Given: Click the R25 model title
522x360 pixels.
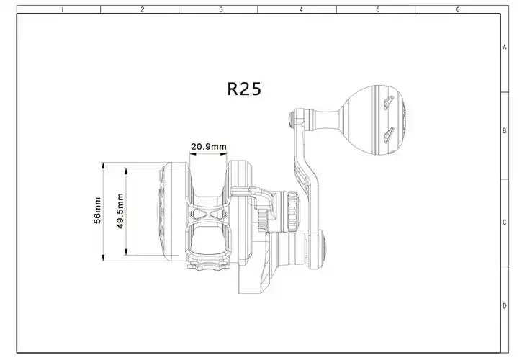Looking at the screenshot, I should tap(244, 89).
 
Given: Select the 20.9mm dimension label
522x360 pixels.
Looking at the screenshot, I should tap(208, 147).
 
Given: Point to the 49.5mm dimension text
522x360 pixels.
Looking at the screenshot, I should tap(120, 211).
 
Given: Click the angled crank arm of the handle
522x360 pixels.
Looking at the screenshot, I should tap(305, 173).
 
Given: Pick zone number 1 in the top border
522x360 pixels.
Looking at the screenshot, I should tap(63, 9).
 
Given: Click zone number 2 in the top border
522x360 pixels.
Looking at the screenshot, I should tap(142, 9).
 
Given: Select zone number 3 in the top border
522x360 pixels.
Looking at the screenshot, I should tap(220, 9).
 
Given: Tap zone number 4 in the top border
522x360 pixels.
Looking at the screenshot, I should tap(300, 9).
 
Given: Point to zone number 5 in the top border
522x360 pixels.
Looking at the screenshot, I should tap(378, 9).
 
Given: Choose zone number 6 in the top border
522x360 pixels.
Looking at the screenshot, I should tap(457, 9).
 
